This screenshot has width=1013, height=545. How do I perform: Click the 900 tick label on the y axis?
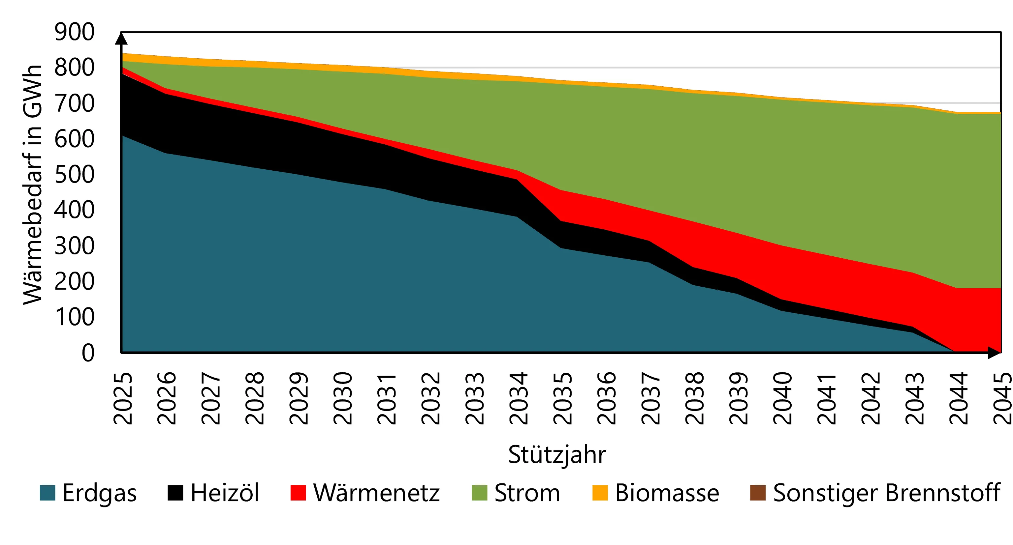[x=74, y=32]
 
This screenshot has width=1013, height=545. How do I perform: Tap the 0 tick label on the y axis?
[x=88, y=353]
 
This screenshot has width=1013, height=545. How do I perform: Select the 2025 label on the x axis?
[x=123, y=398]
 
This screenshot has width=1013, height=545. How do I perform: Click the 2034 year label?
[x=519, y=398]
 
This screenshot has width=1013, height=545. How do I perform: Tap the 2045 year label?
[x=1002, y=398]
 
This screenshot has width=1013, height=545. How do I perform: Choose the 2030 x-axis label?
[x=342, y=398]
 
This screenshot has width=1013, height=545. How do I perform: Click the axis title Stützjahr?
[x=557, y=455]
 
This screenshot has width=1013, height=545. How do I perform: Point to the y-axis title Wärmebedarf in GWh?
[x=32, y=185]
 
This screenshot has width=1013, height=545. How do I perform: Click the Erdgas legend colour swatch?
[x=47, y=493]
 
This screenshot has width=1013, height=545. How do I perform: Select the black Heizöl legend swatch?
[x=175, y=493]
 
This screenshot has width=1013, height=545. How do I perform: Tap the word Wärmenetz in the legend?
[x=376, y=493]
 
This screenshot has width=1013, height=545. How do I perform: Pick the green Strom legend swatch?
[x=479, y=493]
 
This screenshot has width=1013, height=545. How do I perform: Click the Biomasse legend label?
[x=667, y=493]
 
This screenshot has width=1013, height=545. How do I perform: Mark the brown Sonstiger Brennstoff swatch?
[x=758, y=493]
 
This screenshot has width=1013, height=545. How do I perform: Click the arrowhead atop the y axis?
[x=121, y=39]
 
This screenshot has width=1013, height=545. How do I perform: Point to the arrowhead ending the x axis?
[x=994, y=353]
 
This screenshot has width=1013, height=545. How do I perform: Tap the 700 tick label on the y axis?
[x=74, y=103]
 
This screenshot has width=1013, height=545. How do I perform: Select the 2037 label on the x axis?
[x=650, y=398]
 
